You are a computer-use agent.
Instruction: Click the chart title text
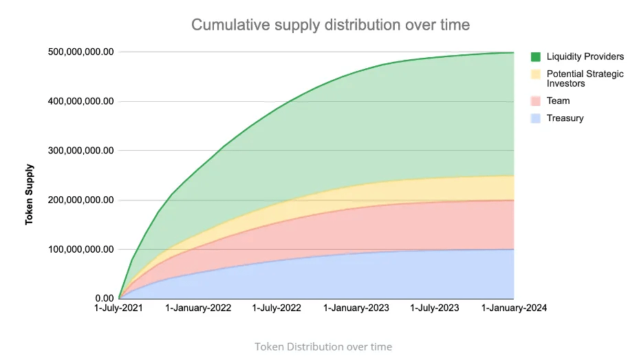pos(330,25)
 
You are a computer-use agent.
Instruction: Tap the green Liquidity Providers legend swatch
pos(537,56)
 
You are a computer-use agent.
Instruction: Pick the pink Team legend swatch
pos(537,100)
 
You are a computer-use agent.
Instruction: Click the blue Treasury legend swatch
pos(537,118)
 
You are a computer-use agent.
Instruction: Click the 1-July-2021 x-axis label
pos(119,309)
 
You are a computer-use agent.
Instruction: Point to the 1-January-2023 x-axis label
pos(356,309)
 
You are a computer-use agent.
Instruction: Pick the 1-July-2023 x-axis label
pos(434,309)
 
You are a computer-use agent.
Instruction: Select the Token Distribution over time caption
pos(323,346)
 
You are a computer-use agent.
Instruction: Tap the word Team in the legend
pos(559,100)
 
